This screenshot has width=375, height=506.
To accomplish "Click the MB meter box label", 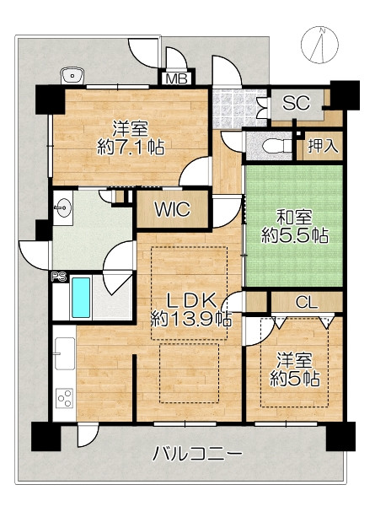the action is coord(177,78).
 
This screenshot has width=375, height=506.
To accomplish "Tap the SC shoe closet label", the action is coord(296,103).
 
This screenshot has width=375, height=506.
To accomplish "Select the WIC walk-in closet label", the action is coord(173,209).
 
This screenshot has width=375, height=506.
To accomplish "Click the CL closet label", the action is coord(307,303).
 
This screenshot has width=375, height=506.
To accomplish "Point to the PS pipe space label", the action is coord(59,277).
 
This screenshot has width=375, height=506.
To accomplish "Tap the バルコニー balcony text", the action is coord(197,454).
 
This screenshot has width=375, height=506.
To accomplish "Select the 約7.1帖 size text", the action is coord(131,148).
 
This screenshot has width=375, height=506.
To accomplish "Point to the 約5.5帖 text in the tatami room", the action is coord(295,236).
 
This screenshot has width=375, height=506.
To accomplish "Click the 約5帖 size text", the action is coord(295,379).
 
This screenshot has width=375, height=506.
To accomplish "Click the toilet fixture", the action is coord(277,146).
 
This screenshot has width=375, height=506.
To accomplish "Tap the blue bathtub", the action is coord(81,298).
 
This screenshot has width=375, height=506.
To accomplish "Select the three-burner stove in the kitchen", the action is coord(65,399).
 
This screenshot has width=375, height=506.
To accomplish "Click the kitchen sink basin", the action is coord(65,353).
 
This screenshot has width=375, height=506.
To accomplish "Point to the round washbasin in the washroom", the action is coord(63,207).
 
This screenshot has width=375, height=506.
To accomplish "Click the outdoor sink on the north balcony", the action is coord(72,76).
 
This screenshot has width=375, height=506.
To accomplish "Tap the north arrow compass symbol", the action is coord(320,44).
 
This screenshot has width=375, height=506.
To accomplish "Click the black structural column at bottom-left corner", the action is coord(46,436).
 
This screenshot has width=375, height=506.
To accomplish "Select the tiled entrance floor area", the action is coord(239,108).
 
